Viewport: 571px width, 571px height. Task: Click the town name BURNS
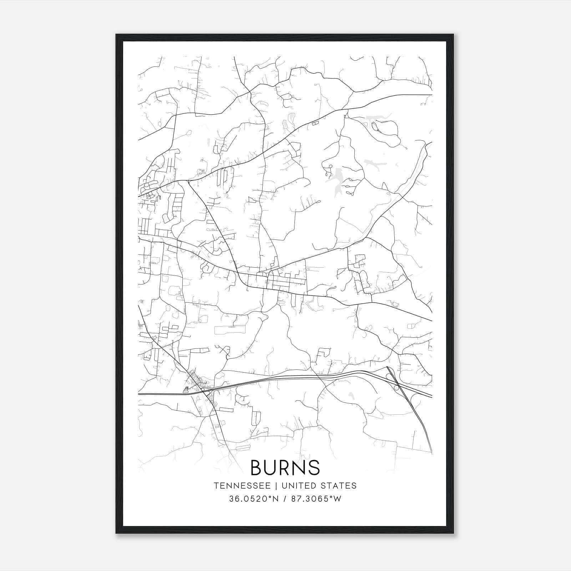285,467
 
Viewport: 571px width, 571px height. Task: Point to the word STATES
340,486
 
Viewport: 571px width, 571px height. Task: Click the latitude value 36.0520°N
253,499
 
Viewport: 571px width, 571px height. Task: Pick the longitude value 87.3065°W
316,499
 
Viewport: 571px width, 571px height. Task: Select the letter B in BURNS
258,467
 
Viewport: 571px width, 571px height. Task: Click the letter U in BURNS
271,467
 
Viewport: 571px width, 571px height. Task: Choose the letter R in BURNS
285,467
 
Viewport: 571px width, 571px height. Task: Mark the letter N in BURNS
299,467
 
